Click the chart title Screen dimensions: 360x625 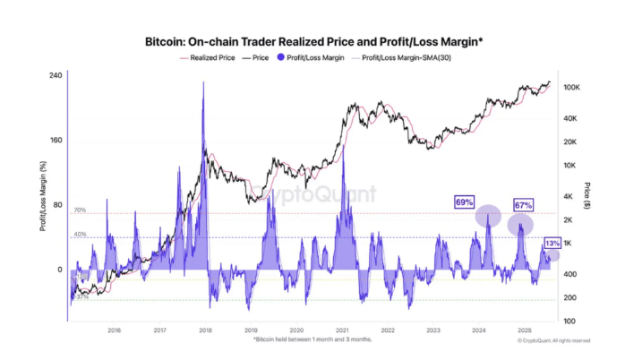(x=312, y=41)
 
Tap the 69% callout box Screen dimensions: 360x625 (x=465, y=202)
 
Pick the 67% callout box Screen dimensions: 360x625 (x=523, y=205)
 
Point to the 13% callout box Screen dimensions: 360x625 (x=552, y=243)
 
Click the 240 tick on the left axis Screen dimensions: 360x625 (x=56, y=76)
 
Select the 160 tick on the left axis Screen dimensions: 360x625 (x=56, y=141)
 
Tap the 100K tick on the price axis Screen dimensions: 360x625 (x=572, y=88)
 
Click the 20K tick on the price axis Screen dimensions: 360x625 (x=570, y=142)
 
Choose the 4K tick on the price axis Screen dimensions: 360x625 (x=569, y=197)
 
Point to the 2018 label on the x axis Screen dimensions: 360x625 (x=205, y=330)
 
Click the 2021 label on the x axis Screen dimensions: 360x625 (x=342, y=330)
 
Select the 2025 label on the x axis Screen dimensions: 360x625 (x=525, y=330)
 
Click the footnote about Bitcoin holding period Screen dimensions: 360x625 (x=312, y=339)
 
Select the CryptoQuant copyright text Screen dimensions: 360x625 (x=553, y=340)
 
